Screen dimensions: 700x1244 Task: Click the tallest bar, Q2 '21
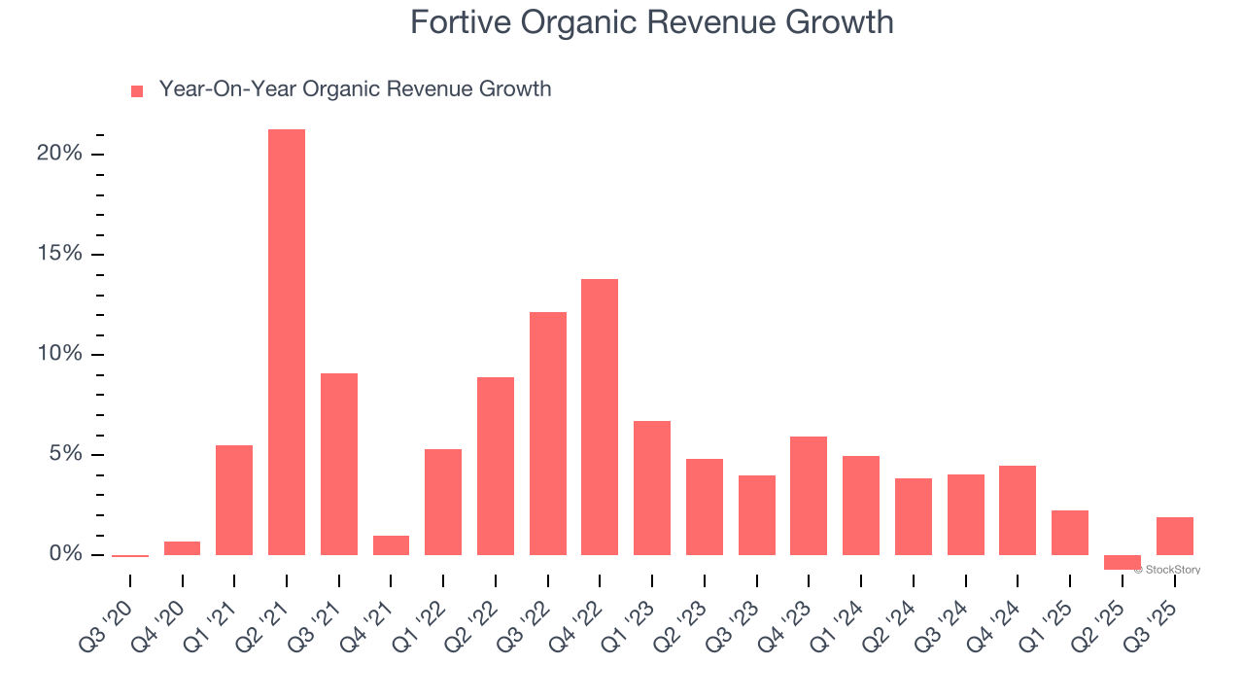tap(287, 341)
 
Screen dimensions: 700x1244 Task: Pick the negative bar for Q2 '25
tap(1122, 562)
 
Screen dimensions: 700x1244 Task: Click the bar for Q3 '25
tap(1174, 536)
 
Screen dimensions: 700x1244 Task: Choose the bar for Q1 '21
tap(234, 500)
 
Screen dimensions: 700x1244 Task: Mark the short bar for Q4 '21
tap(391, 545)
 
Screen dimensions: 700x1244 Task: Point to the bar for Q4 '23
tap(809, 496)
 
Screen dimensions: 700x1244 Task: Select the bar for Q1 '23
tap(652, 488)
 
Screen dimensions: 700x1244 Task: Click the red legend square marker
tap(137, 90)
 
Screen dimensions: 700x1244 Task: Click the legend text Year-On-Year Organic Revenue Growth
tap(355, 89)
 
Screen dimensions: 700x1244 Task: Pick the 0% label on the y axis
tap(66, 554)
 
